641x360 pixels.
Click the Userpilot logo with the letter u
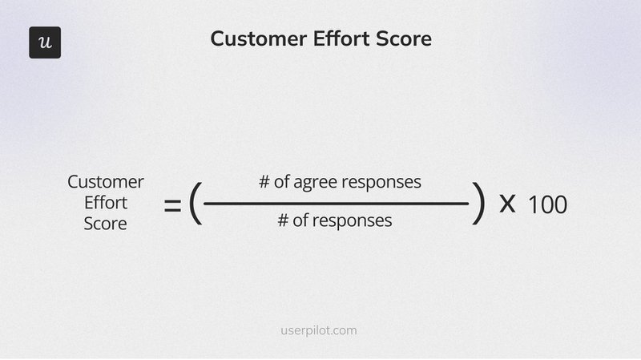point(45,42)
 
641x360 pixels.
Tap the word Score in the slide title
point(404,38)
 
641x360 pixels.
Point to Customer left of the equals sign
point(106,182)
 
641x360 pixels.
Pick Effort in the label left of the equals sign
point(106,203)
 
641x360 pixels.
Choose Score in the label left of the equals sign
point(106,224)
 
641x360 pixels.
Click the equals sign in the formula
point(172,206)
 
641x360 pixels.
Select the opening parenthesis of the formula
point(195,204)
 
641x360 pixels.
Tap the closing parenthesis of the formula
point(478,204)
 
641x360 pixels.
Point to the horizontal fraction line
point(337,204)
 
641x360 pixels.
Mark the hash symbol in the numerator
point(264,182)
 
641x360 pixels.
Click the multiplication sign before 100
point(507,204)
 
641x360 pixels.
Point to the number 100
point(547,205)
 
